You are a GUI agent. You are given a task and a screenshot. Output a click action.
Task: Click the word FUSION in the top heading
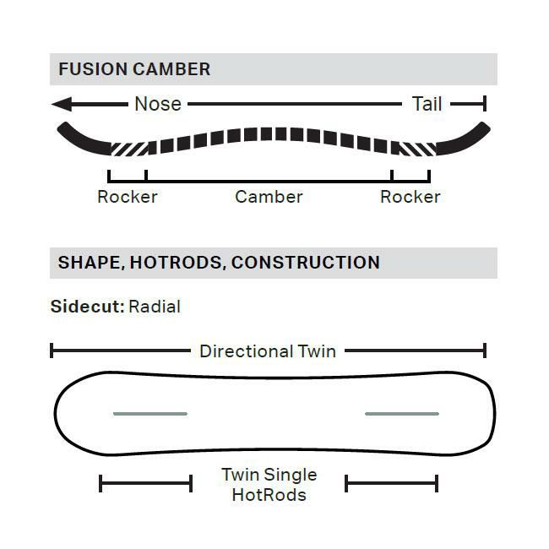point(93,69)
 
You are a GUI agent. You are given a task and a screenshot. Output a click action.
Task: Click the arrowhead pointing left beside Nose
point(62,104)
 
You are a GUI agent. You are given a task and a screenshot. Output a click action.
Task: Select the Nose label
point(158,104)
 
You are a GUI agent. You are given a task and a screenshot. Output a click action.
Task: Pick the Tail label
point(427,104)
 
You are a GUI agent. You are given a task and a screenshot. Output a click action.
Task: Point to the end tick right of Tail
point(485,104)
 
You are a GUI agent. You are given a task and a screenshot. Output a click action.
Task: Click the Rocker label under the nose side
point(128,197)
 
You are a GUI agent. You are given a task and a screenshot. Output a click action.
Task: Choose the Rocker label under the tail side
point(410,197)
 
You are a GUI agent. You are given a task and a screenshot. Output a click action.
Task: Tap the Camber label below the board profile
point(269,197)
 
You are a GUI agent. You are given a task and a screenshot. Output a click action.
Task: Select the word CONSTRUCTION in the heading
point(306,263)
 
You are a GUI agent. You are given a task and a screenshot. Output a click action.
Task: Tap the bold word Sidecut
point(88,307)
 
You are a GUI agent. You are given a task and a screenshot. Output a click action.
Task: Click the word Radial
point(155,307)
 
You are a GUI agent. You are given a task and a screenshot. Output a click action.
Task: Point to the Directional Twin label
point(268,351)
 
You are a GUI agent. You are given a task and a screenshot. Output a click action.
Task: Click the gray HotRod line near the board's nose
point(150,414)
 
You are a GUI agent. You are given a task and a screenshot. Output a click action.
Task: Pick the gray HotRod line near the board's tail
point(402,414)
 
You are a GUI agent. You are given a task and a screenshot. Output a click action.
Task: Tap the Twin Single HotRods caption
point(269,485)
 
